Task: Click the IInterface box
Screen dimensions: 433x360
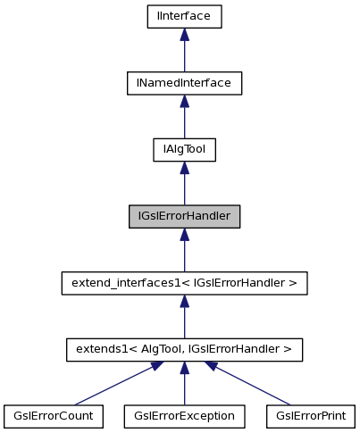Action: coord(184,16)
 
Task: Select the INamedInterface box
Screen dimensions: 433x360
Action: coord(184,83)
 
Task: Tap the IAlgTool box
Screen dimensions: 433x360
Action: coord(184,150)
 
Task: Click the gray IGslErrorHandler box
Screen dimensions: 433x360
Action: coord(184,216)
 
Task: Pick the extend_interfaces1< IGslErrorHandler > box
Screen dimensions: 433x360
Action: coord(184,283)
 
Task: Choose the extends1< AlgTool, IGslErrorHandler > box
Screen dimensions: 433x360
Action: coord(184,350)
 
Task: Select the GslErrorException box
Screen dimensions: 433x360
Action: coord(184,416)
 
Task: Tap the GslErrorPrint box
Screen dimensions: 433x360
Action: coord(312,416)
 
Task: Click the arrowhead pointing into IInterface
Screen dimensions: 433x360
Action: coord(184,34)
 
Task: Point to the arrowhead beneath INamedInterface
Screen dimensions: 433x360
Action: coord(184,101)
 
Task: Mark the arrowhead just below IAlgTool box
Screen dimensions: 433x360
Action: coord(184,168)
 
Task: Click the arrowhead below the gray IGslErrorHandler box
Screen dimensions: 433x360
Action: coord(184,234)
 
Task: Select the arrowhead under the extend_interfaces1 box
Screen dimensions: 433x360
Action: coord(184,301)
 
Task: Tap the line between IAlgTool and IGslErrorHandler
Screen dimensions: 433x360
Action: coord(184,189)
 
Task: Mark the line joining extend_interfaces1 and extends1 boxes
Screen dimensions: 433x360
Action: coord(184,322)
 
